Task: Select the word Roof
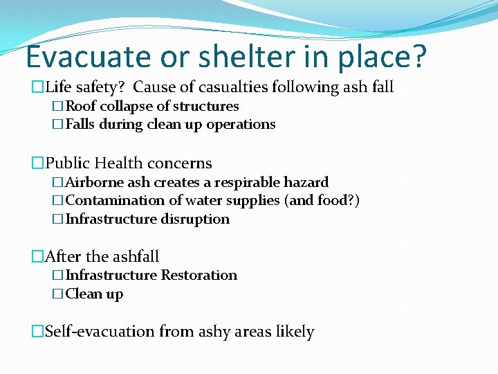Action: [81, 106]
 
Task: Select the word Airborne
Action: [93, 182]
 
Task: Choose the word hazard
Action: [306, 182]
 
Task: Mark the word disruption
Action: [195, 219]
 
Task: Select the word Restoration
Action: [199, 275]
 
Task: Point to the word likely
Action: [295, 332]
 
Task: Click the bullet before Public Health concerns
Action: [37, 163]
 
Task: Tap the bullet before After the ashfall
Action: [37, 257]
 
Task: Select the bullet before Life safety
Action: [37, 87]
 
